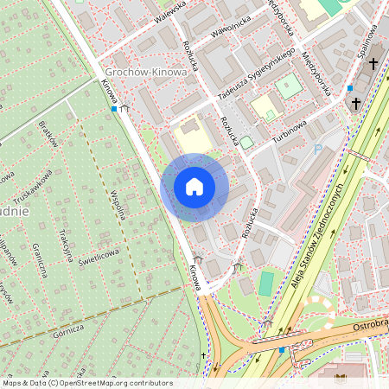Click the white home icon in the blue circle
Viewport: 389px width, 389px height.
click(194, 187)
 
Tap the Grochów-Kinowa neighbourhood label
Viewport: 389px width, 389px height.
click(145, 72)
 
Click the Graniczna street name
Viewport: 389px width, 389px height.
click(39, 259)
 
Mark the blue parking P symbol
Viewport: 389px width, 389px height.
click(318, 150)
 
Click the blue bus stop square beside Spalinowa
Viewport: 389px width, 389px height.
click(349, 88)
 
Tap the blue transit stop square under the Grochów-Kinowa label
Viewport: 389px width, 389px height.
click(114, 109)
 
